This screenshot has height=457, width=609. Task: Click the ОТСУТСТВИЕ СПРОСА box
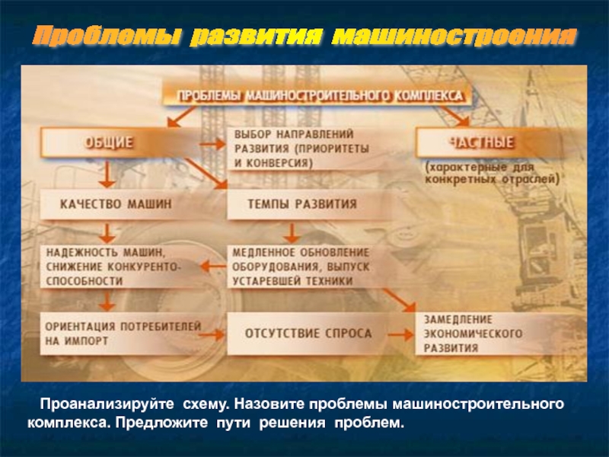click(x=308, y=334)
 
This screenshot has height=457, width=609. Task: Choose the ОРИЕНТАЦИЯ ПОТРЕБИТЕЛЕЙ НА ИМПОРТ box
click(x=122, y=334)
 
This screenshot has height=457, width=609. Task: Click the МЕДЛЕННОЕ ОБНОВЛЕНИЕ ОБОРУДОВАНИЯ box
click(x=300, y=266)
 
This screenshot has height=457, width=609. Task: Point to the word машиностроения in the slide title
click(x=454, y=36)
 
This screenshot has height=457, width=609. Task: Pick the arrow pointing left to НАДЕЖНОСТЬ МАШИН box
click(x=212, y=267)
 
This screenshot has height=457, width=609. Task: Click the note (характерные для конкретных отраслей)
click(x=491, y=172)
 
